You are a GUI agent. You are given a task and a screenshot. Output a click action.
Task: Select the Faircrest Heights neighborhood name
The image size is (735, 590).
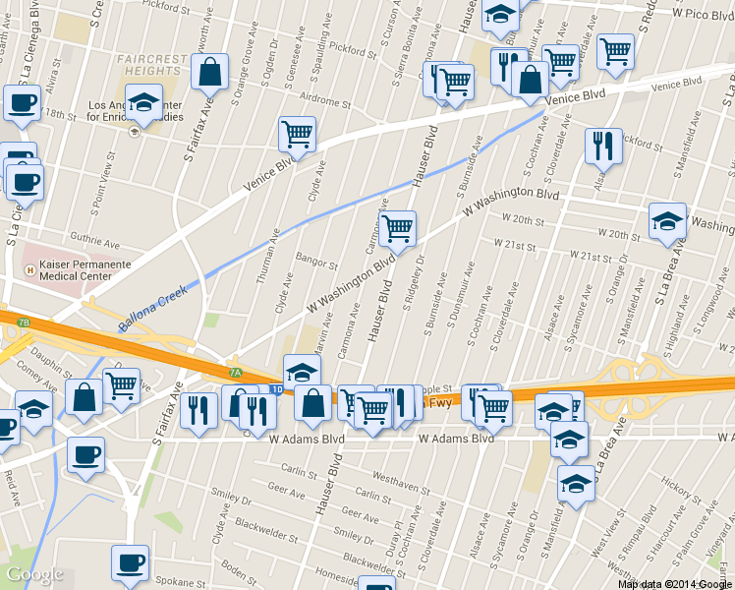click(x=151, y=66)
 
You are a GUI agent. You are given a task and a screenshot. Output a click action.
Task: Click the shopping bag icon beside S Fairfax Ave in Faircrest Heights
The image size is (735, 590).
click(x=210, y=72)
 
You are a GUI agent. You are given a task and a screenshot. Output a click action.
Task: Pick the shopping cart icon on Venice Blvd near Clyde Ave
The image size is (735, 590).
click(x=297, y=134)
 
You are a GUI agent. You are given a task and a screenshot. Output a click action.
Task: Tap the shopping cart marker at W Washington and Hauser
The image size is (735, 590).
click(x=397, y=229)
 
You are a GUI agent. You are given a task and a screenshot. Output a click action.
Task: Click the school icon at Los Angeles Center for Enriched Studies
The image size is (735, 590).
click(x=144, y=102)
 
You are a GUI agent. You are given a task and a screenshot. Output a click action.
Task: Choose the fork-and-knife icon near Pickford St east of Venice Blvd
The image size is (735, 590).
click(x=603, y=146)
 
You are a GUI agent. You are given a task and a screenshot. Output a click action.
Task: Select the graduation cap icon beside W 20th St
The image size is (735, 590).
click(x=667, y=220)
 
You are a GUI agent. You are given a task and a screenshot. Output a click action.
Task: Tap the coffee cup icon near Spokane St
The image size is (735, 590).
click(x=129, y=563)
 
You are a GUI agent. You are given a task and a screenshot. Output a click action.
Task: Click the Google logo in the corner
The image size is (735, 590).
click(x=34, y=574)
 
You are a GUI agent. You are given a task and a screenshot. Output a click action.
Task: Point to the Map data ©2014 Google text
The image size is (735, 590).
click(x=675, y=584)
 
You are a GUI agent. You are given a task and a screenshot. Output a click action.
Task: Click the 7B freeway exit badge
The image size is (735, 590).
click(x=24, y=323)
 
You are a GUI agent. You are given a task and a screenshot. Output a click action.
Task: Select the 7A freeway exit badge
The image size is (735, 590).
click(x=235, y=373)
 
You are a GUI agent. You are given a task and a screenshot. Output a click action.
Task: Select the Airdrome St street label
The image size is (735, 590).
click(x=325, y=101)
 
